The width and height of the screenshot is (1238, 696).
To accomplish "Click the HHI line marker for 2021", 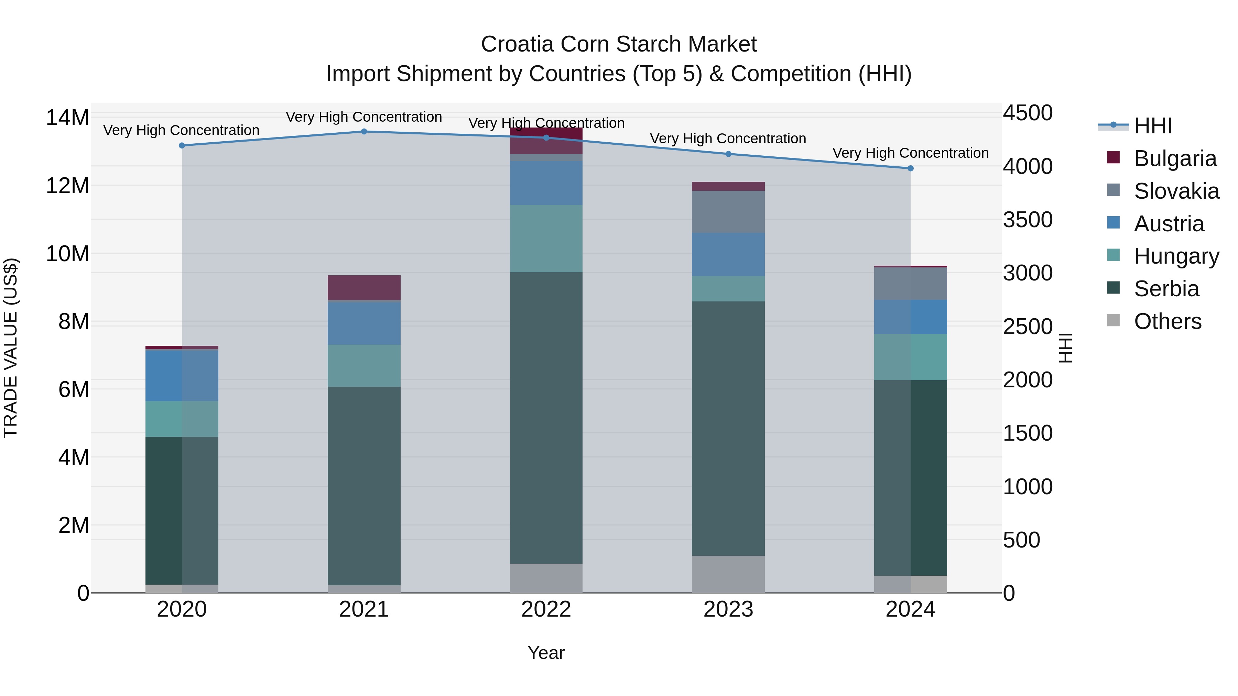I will pyautogui.click(x=364, y=132).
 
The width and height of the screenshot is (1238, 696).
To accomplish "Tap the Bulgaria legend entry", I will pyautogui.click(x=1175, y=158).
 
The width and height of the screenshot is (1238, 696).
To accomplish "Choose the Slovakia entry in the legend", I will pyautogui.click(x=1176, y=191).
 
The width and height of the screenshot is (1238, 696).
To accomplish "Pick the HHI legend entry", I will pyautogui.click(x=1152, y=126).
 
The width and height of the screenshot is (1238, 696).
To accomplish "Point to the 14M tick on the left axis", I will pyautogui.click(x=67, y=118).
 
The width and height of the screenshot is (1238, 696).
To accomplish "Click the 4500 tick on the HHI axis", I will pyautogui.click(x=1028, y=113).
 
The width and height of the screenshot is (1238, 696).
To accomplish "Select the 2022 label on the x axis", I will pyautogui.click(x=546, y=609).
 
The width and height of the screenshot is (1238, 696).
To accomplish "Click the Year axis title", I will pyautogui.click(x=546, y=653).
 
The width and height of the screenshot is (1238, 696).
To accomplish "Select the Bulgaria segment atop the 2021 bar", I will pyautogui.click(x=364, y=288).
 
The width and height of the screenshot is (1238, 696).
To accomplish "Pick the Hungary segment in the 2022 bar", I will pyautogui.click(x=546, y=239).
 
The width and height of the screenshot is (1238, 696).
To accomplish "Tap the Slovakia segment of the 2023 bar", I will pyautogui.click(x=728, y=212).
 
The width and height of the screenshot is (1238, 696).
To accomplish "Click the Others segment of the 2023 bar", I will pyautogui.click(x=728, y=574).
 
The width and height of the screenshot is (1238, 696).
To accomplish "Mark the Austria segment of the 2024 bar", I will pyautogui.click(x=910, y=317).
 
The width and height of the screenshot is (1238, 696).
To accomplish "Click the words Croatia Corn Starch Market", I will pyautogui.click(x=619, y=44).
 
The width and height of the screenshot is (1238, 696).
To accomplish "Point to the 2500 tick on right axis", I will pyautogui.click(x=1028, y=327).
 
